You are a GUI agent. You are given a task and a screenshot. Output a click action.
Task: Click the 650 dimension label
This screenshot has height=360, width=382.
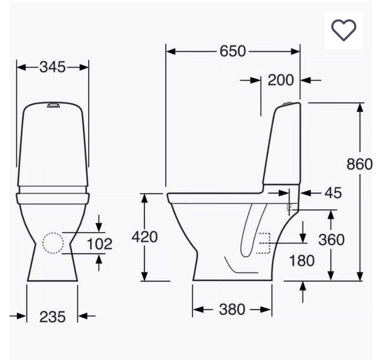pos(233,51)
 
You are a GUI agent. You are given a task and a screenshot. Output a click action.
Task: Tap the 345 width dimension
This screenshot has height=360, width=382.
pos(53,67)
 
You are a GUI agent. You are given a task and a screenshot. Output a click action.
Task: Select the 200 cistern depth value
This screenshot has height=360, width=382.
pos(281,80)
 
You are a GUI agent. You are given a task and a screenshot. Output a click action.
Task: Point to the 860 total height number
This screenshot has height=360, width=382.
pos(360,164)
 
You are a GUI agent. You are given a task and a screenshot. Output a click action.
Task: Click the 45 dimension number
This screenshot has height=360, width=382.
pos(333,193)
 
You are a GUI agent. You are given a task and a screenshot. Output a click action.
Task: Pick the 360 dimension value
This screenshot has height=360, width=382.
pos(331,240)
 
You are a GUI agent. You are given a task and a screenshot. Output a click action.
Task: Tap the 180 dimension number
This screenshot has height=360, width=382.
pos(302,260)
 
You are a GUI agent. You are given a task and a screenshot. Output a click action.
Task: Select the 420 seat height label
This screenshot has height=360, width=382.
pos(145,237)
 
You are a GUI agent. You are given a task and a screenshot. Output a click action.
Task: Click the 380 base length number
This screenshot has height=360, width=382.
pos(232,309)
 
